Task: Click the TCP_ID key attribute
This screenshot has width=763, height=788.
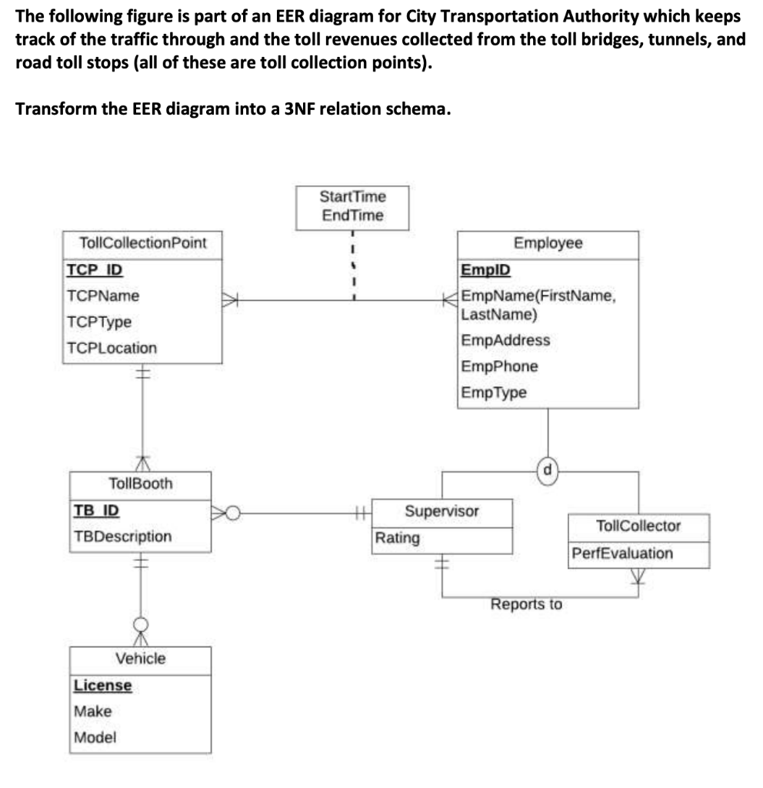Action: coord(94,270)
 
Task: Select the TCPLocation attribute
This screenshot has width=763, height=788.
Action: coord(112,348)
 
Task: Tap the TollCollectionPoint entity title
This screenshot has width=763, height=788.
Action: coord(143,243)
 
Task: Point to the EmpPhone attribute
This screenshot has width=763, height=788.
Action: coord(499,366)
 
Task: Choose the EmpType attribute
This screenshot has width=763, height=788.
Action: coord(494,392)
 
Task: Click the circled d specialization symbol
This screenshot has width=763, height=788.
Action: coord(547,467)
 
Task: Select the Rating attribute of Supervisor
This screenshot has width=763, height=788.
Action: coord(397,538)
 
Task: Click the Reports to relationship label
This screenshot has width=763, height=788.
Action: coord(526,604)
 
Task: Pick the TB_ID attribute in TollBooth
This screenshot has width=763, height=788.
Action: coord(96,510)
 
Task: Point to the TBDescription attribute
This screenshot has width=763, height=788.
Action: coord(123,536)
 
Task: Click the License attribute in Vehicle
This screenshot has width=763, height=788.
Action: coord(102,685)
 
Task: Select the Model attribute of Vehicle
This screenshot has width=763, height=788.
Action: coord(95,737)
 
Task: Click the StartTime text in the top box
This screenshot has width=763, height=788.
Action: coord(352,197)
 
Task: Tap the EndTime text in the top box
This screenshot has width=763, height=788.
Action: coord(352,215)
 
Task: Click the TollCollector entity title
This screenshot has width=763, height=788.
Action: coord(638,526)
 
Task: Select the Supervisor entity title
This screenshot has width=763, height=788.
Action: coord(441,511)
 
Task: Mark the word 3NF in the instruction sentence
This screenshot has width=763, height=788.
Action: coord(301,109)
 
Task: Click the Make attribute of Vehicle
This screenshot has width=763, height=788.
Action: coord(93,711)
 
